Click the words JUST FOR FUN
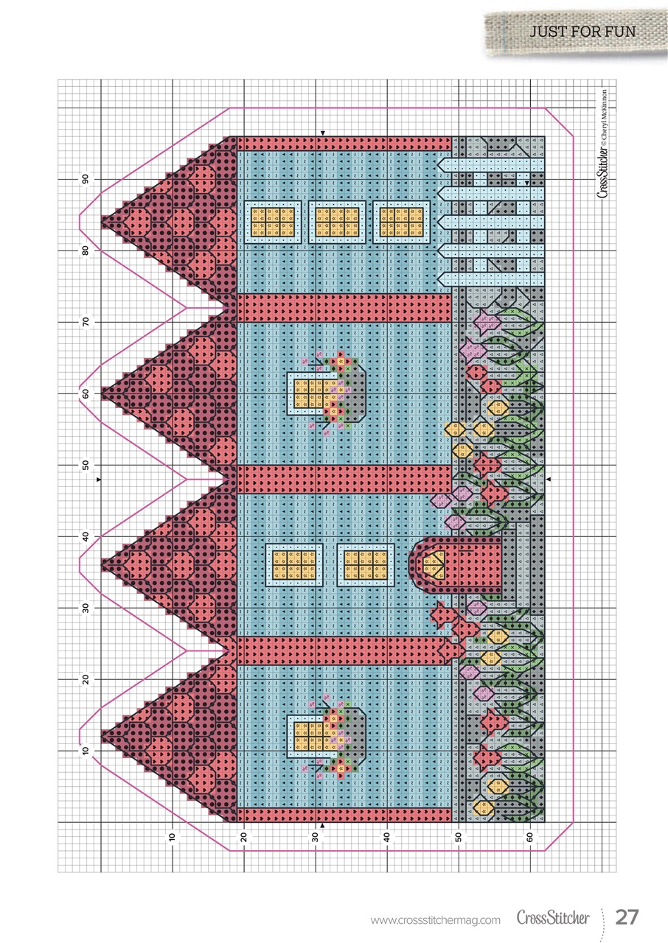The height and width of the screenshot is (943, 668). (582, 32)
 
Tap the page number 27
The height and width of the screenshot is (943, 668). (627, 918)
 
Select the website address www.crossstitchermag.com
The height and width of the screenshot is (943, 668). (435, 919)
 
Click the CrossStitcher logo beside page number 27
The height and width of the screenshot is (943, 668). (553, 918)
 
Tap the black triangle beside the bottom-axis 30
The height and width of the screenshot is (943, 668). (322, 827)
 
